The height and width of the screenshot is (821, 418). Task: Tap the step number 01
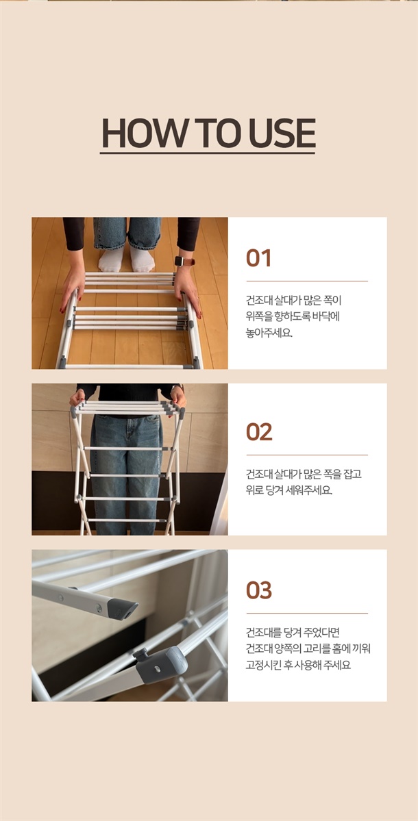pyautogui.click(x=259, y=259)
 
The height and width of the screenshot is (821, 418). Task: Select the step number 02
pyautogui.click(x=259, y=432)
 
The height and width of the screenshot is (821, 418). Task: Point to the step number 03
pyautogui.click(x=259, y=590)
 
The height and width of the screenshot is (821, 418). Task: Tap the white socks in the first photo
pyautogui.click(x=127, y=259)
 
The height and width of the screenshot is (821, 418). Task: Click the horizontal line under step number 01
pyautogui.click(x=307, y=281)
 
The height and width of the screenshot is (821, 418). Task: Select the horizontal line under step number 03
pyautogui.click(x=307, y=613)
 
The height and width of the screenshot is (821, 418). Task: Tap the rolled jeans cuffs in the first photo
pyautogui.click(x=127, y=241)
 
